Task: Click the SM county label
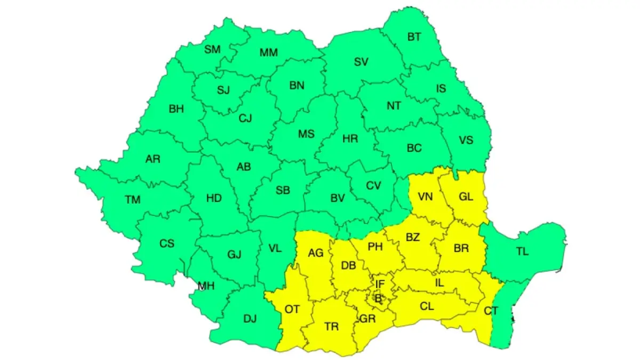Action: (212, 50)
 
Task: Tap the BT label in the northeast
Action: (414, 37)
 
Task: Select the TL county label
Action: (522, 251)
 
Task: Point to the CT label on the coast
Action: (491, 310)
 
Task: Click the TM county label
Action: (133, 200)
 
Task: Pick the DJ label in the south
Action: (250, 319)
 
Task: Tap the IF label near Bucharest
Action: (379, 284)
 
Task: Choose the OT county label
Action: (292, 309)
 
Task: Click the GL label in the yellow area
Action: (466, 196)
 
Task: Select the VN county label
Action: (425, 196)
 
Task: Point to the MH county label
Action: (206, 286)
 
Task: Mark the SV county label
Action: (361, 62)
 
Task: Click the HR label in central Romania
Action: (350, 139)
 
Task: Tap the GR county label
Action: (367, 318)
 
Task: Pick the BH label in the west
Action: (176, 109)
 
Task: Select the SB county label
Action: (283, 190)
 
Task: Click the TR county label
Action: (331, 326)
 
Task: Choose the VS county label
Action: (466, 140)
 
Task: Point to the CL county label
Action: (426, 306)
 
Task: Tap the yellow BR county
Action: (461, 248)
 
